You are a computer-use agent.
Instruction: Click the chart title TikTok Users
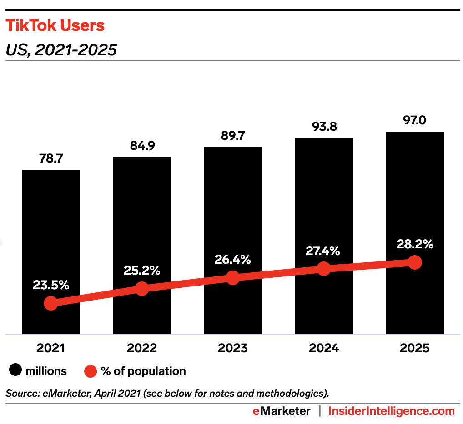point(55,25)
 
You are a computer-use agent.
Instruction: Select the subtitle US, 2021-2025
point(61,49)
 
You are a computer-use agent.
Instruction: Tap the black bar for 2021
point(51,227)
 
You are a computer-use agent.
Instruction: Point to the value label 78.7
point(50,160)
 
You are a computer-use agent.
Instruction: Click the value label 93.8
point(324,128)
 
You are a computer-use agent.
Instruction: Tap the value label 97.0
point(414,121)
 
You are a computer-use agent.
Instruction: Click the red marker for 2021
point(51,304)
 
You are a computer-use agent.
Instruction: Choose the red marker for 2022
point(142,289)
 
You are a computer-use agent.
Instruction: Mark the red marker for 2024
point(323,268)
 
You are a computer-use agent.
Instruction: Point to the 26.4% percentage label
point(232,260)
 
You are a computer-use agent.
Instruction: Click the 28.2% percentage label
point(414,244)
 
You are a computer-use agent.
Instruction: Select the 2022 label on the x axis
point(141,348)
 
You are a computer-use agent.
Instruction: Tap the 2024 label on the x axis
point(323,348)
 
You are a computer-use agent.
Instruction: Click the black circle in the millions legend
point(15,371)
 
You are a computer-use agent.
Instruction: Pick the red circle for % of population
point(91,371)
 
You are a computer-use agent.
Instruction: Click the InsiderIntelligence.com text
point(391,411)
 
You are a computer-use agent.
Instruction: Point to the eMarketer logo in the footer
point(282,411)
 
